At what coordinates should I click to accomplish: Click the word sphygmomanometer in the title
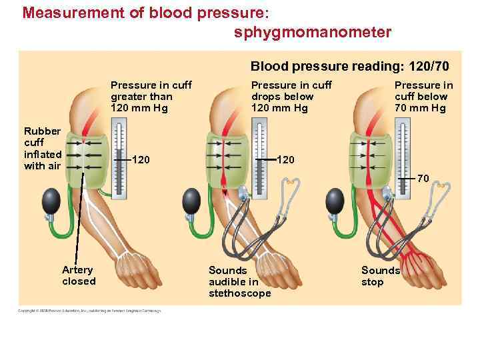click(313, 32)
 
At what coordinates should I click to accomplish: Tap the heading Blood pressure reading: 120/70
click(349, 66)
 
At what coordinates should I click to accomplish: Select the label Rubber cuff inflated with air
click(42, 148)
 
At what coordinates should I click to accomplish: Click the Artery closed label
click(79, 275)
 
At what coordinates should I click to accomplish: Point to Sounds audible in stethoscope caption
click(239, 281)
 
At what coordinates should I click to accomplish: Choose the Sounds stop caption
click(380, 276)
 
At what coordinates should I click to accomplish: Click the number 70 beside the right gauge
click(423, 179)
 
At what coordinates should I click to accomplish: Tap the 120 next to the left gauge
click(141, 160)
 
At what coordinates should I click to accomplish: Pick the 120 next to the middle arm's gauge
click(285, 160)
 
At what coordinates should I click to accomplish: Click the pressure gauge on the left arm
click(119, 157)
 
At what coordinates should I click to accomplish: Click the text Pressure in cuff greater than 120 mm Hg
click(151, 96)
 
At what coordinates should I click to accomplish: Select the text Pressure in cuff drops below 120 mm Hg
click(291, 96)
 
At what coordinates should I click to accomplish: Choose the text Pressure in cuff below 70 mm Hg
click(423, 96)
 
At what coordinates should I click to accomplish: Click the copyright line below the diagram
click(90, 311)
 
